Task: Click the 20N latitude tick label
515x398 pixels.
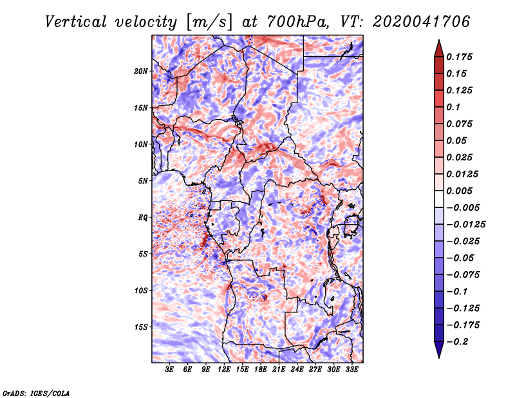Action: [x=141, y=71]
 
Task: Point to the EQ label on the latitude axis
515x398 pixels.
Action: [x=142, y=218]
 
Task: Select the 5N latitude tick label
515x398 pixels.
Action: [x=143, y=181]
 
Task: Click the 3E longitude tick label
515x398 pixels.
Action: [x=169, y=369]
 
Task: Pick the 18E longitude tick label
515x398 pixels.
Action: [x=260, y=369]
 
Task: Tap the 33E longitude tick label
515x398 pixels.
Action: [x=351, y=369]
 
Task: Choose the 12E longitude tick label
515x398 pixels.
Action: [x=223, y=369]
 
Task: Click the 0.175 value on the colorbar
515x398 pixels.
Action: [x=459, y=57]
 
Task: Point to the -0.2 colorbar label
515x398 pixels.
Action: [x=457, y=342]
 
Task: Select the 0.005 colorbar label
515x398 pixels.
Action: [x=459, y=191]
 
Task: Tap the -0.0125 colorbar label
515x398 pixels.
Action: [x=465, y=225]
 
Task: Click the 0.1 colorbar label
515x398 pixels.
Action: [x=453, y=107]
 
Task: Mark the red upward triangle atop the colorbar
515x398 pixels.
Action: [x=439, y=49]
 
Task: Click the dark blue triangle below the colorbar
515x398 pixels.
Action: [x=439, y=349]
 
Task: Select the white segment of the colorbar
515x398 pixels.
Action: [x=439, y=199]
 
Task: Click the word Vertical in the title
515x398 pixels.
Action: [x=76, y=22]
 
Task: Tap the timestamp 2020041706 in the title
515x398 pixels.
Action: [x=422, y=22]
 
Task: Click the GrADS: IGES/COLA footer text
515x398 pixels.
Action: [x=36, y=393]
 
